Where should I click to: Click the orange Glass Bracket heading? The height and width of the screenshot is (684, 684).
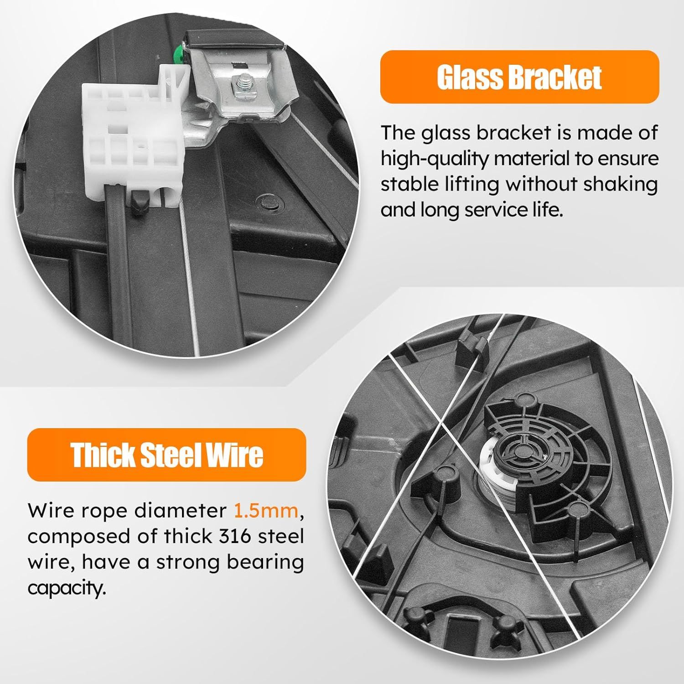(519, 77)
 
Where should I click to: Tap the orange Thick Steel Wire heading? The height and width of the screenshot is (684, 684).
(167, 455)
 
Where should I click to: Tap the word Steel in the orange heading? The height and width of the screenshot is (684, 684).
(170, 455)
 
